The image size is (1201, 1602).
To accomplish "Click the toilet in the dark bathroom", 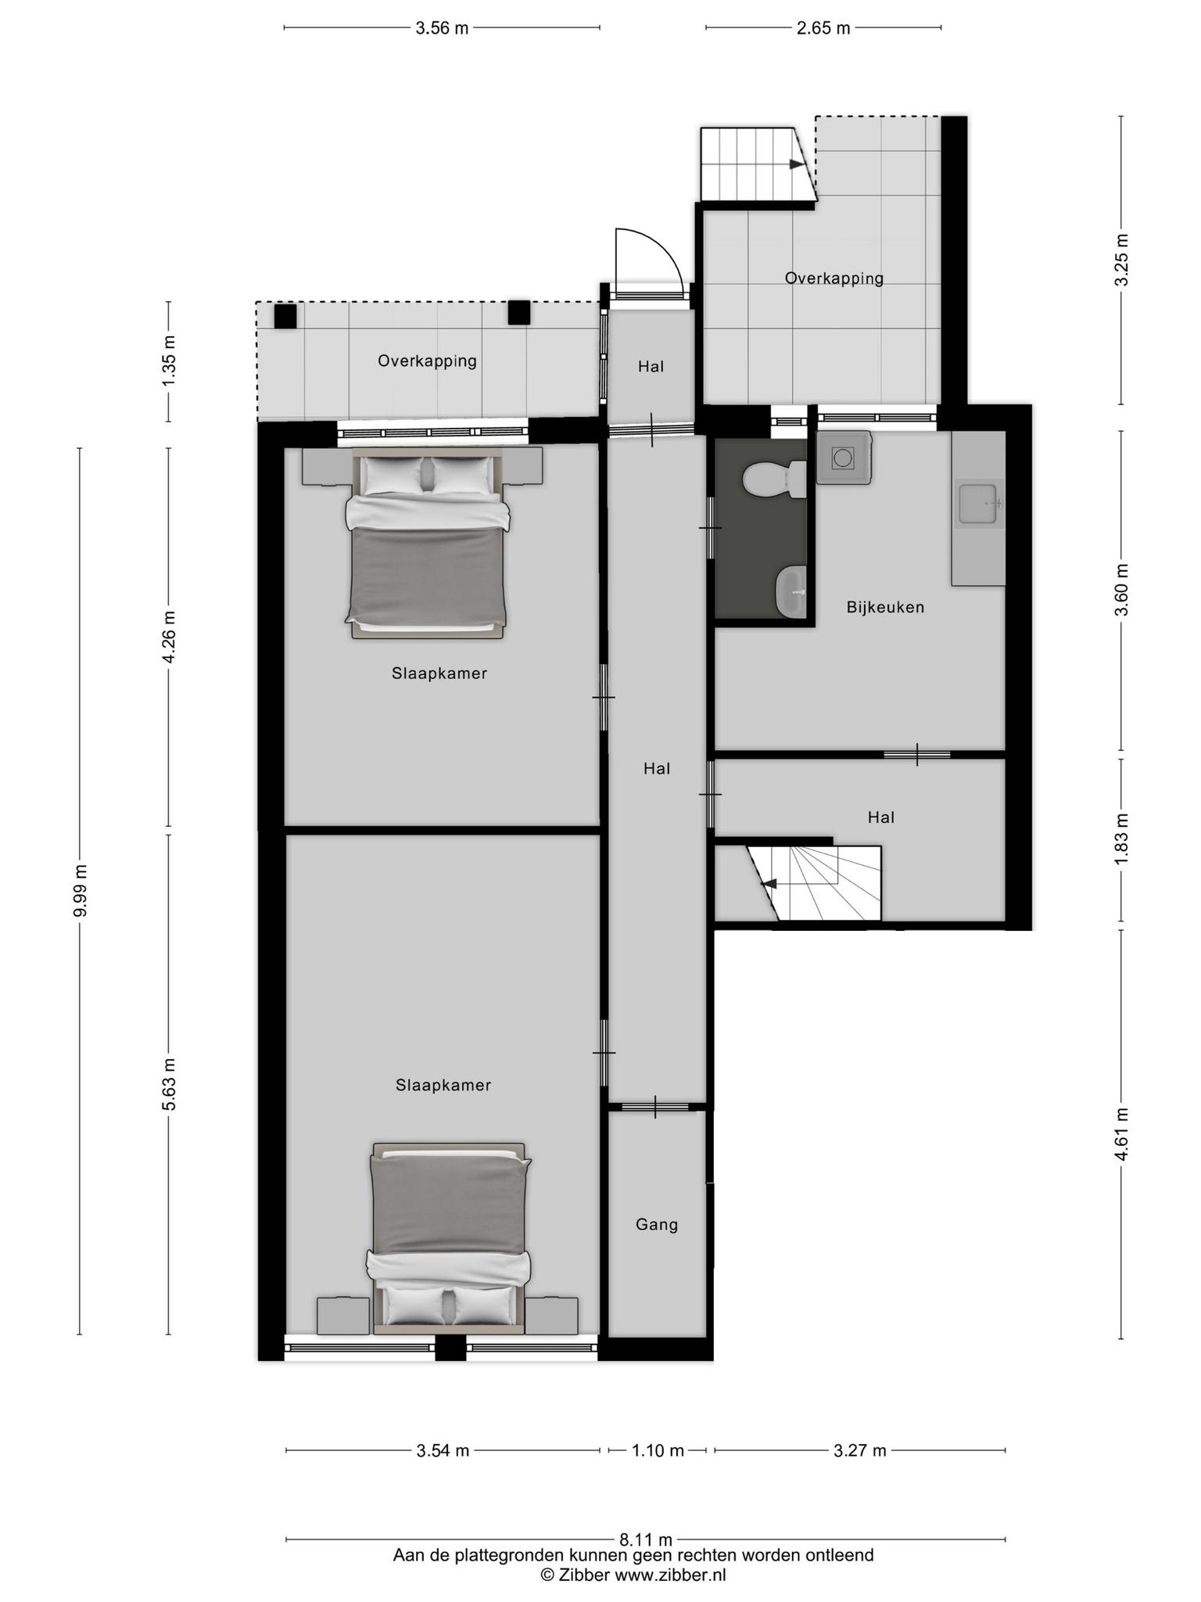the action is click(775, 480).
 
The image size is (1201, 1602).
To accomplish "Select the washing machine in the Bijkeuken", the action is click(844, 458).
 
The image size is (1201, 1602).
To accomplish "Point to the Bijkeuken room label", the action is click(885, 607).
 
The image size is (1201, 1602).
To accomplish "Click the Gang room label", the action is click(657, 1225).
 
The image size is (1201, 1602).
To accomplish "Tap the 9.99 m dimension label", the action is click(80, 890).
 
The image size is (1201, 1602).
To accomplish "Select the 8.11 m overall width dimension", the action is click(645, 1540).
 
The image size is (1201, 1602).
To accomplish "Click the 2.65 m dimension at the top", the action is click(823, 28).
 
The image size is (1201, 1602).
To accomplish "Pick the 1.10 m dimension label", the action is click(658, 1451).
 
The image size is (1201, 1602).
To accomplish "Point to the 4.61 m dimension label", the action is click(1122, 1133).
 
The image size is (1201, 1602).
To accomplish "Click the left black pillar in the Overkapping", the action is click(285, 316).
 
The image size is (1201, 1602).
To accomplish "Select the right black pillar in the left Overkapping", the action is click(519, 312).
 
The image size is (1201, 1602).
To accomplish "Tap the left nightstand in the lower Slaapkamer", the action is click(342, 1316).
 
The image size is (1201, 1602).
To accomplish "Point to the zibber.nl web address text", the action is click(670, 1575).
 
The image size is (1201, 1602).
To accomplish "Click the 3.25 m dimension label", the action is click(1122, 260).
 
